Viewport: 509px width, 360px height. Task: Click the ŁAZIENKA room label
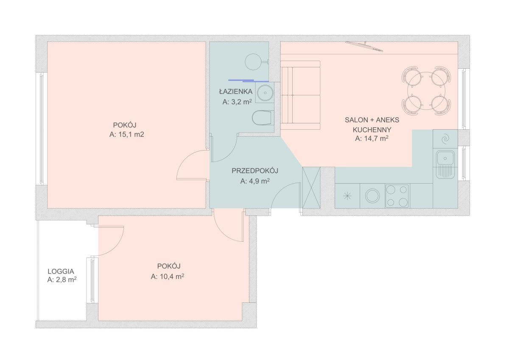pyautogui.click(x=236, y=92)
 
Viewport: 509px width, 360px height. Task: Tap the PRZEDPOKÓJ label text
pyautogui.click(x=255, y=171)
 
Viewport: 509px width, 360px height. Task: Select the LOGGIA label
pyautogui.click(x=61, y=271)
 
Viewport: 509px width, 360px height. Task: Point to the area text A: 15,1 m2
pyautogui.click(x=126, y=134)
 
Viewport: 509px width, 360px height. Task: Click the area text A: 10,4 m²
pyautogui.click(x=168, y=276)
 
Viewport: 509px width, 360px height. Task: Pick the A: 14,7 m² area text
pyautogui.click(x=372, y=138)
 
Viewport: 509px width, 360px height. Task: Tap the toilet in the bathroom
pyautogui.click(x=263, y=117)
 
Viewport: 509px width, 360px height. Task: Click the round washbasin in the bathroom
pyautogui.click(x=265, y=93)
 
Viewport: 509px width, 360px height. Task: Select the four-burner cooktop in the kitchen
pyautogui.click(x=397, y=196)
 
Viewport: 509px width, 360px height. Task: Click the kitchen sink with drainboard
pyautogui.click(x=445, y=164)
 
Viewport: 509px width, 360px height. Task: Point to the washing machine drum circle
pyautogui.click(x=372, y=196)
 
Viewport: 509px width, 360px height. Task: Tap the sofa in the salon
pyautogui.click(x=300, y=95)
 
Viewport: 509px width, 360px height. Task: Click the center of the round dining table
pyautogui.click(x=426, y=91)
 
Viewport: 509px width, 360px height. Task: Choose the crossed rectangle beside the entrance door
pyautogui.click(x=311, y=187)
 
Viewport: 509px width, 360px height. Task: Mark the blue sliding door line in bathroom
pyautogui.click(x=248, y=81)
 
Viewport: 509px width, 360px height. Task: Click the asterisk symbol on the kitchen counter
pyautogui.click(x=347, y=196)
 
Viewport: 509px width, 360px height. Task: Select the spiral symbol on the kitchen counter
pyautogui.click(x=445, y=139)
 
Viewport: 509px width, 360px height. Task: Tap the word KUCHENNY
pyautogui.click(x=372, y=130)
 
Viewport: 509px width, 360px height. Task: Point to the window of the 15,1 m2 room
pyautogui.click(x=42, y=128)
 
